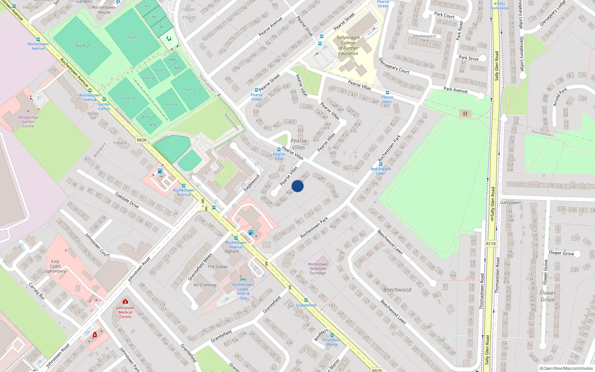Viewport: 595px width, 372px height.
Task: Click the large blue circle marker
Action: pyautogui.click(x=297, y=186)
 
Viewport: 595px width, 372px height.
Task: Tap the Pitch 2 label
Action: pyautogui.click(x=82, y=46)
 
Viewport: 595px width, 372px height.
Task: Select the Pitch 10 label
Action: pyautogui.click(x=128, y=99)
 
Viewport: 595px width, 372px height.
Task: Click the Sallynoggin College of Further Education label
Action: pyautogui.click(x=348, y=45)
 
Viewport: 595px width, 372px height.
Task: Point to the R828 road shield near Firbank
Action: pyautogui.click(x=141, y=140)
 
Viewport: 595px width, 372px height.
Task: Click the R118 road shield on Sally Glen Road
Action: pyautogui.click(x=491, y=244)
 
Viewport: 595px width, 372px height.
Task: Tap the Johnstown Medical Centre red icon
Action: pyautogui.click(x=125, y=301)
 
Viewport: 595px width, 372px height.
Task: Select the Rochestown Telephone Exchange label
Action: pyautogui.click(x=318, y=269)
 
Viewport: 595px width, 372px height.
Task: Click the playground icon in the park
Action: pyautogui.click(x=465, y=114)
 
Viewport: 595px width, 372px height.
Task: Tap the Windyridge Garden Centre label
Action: pyautogui.click(x=28, y=122)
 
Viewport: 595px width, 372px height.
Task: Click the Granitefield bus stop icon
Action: pyautogui.click(x=306, y=300)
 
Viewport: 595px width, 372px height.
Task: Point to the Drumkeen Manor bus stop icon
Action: pyautogui.click(x=332, y=335)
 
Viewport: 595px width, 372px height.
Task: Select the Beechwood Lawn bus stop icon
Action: pyautogui.click(x=380, y=164)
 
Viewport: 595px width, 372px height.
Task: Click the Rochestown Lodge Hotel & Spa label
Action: pyautogui.click(x=243, y=291)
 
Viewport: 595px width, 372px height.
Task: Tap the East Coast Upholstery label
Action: pyautogui.click(x=55, y=266)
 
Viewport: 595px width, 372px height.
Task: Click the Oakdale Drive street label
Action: pyautogui.click(x=127, y=200)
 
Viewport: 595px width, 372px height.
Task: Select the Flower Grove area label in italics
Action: pyautogui.click(x=548, y=296)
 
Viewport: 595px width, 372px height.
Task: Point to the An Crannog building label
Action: pyautogui.click(x=205, y=285)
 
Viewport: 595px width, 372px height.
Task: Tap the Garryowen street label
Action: pyautogui.click(x=510, y=203)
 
